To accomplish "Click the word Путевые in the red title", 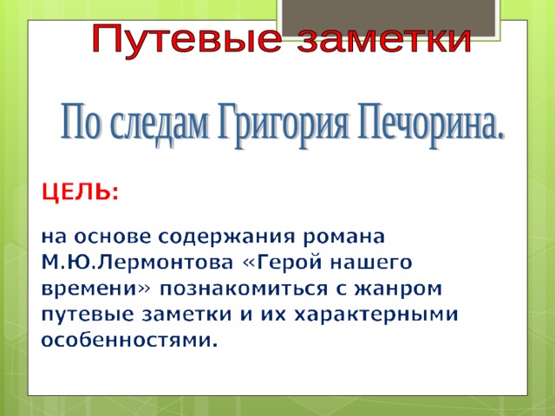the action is [x=186, y=40].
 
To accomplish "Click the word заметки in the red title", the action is [x=384, y=40].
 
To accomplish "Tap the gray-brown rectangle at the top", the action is [x=388, y=18].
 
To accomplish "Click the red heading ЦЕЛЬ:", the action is [x=80, y=192].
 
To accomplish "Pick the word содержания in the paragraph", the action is [x=226, y=237].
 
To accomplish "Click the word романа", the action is [x=343, y=237].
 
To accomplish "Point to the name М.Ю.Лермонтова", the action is [x=137, y=263].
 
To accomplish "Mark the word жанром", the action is [x=398, y=289].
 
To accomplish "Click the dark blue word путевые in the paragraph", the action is [x=88, y=315].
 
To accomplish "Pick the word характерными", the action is [x=376, y=315].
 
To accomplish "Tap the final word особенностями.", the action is [x=129, y=341].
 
